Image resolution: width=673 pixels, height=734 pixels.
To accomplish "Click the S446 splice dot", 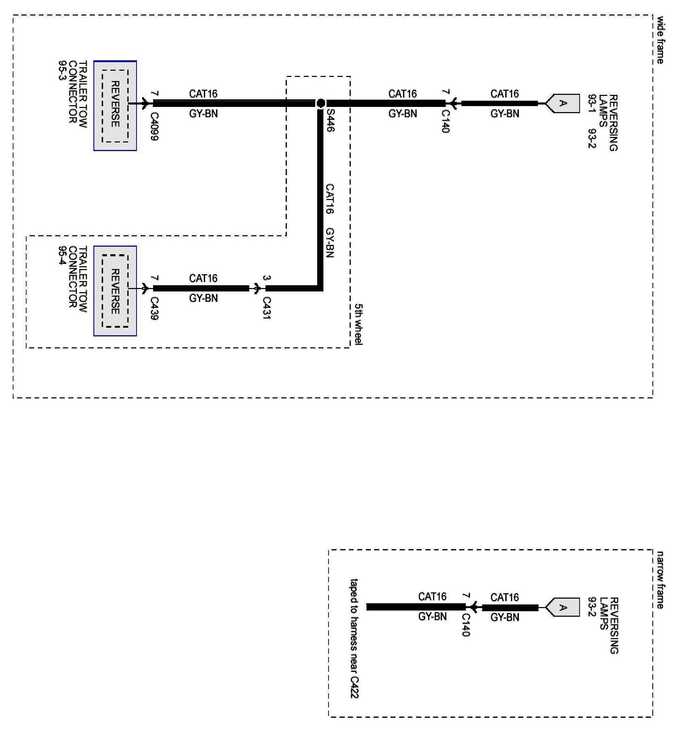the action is [321, 103].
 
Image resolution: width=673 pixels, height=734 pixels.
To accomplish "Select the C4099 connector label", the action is [154, 126].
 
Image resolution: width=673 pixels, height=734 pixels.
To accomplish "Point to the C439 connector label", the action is [154, 308].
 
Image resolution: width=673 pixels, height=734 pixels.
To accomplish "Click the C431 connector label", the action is [267, 308].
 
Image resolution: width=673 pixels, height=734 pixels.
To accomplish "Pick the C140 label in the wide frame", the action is [445, 121].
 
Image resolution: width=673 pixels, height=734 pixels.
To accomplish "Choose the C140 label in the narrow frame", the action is [466, 625].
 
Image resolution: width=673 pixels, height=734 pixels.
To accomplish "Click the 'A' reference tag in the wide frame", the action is [563, 103].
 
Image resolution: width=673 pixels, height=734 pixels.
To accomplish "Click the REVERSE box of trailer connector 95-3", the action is [115, 105].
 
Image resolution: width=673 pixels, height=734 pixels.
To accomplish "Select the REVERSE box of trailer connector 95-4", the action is [115, 291].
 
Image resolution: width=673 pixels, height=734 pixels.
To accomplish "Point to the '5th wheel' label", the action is [359, 324].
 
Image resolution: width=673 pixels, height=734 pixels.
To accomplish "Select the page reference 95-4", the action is [63, 256].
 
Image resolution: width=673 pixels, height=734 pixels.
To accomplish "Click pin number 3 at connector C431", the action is [267, 278].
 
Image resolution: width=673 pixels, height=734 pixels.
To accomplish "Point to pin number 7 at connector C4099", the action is [154, 93].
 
